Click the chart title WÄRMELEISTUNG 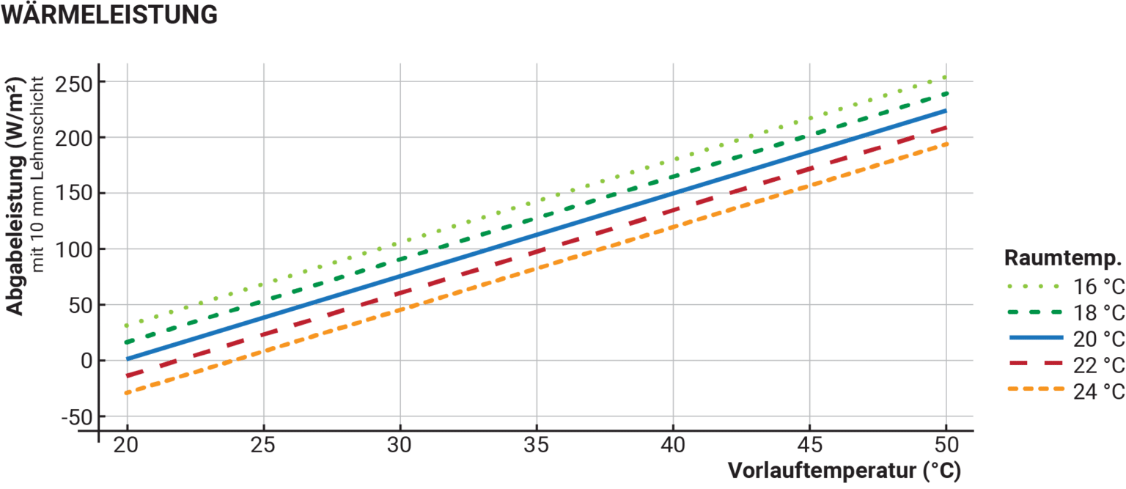pos(110,15)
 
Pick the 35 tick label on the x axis pos(537,445)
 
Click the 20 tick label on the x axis pos(128,445)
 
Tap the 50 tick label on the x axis pos(946,445)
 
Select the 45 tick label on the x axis pos(809,445)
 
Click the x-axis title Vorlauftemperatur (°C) pos(843,471)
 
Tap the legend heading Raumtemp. pos(1063,258)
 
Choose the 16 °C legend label pos(1098,286)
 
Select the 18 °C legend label pos(1098,312)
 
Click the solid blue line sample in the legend pos(1035,337)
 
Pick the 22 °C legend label pos(1098,365)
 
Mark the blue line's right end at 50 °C pos(946,111)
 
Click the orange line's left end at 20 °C pos(128,393)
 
